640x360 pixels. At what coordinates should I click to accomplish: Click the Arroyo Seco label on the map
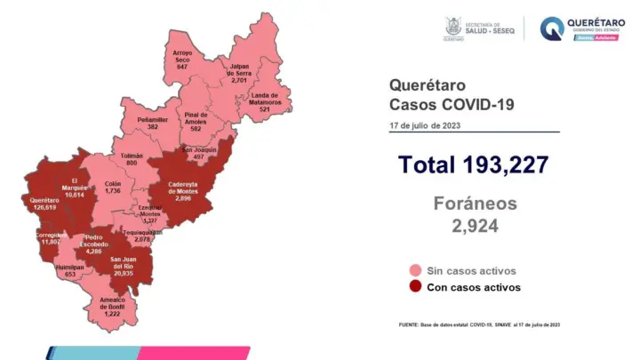tap(182, 60)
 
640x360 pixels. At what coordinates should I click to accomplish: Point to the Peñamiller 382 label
tap(153, 123)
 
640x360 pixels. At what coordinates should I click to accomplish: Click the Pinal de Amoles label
tap(196, 122)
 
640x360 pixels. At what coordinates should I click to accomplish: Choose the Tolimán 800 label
tap(132, 160)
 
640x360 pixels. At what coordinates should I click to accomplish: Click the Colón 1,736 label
tap(112, 188)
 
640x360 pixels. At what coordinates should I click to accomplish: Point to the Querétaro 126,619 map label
tap(44, 204)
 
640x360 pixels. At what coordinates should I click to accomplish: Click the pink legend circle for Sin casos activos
tap(414, 270)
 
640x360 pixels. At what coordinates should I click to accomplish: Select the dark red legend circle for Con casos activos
tap(414, 287)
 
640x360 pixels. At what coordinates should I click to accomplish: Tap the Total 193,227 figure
tap(473, 164)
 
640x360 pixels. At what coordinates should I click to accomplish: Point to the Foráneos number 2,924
tap(475, 226)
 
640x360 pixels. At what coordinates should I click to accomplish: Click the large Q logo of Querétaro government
tap(552, 28)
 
